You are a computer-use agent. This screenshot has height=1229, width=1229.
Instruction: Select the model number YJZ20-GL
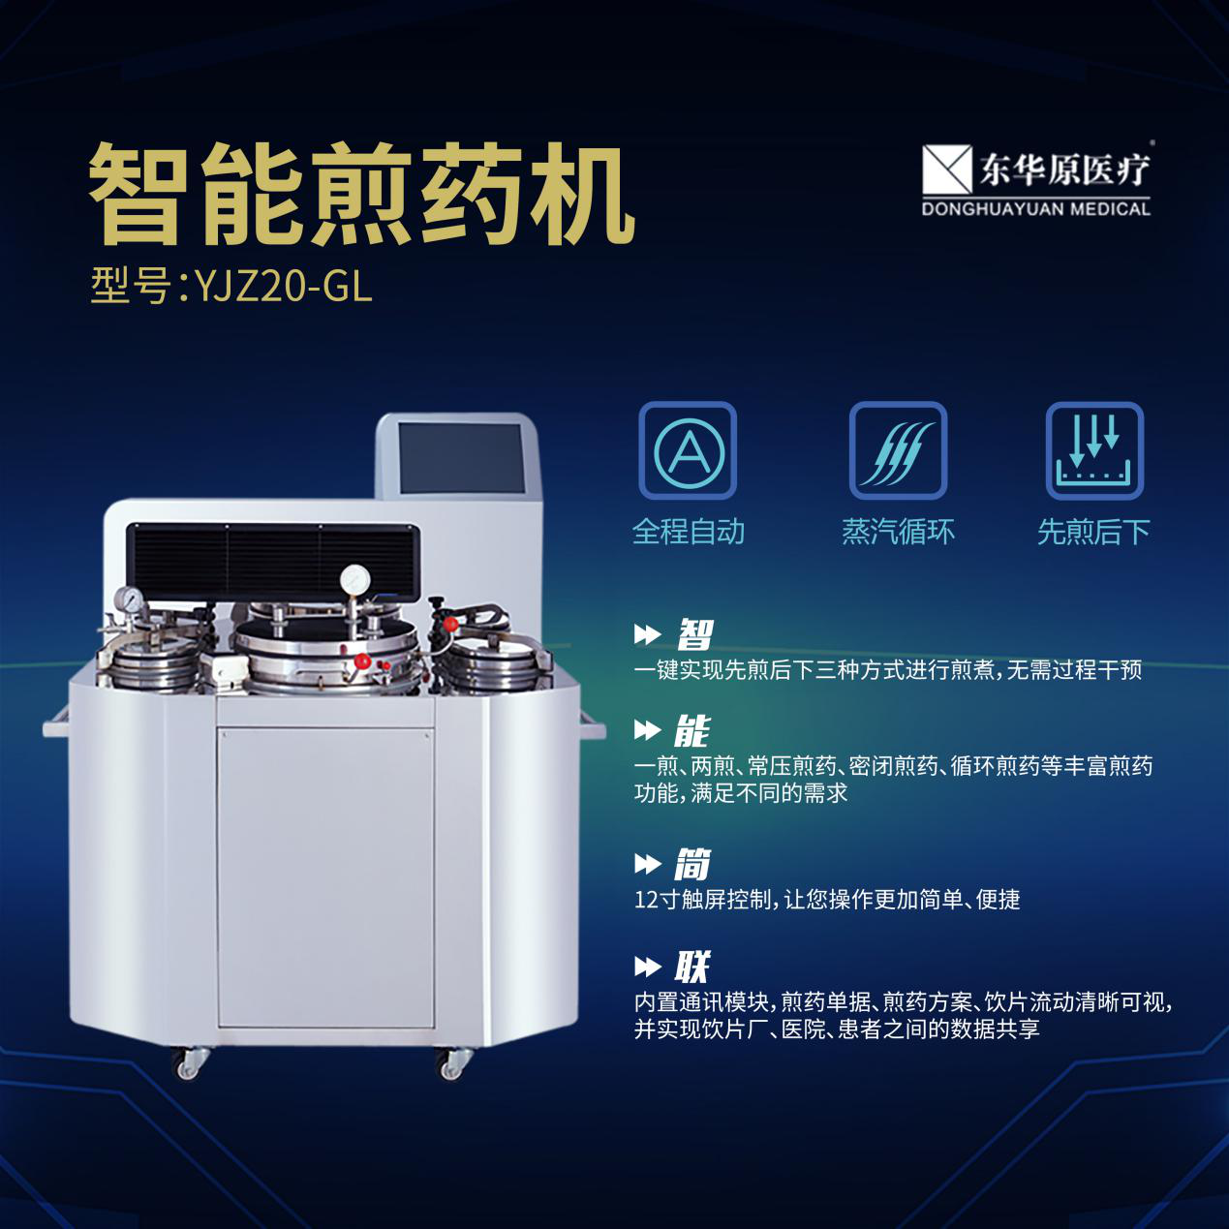[283, 286]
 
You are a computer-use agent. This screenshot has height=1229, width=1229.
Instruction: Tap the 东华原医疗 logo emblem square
[946, 169]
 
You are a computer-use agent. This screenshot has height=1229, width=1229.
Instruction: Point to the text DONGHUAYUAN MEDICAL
[1035, 209]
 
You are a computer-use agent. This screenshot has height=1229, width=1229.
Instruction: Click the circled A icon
[688, 450]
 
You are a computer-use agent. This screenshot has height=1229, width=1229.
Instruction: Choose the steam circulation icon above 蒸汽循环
[898, 450]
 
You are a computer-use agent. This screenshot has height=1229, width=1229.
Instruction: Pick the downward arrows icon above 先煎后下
[1094, 450]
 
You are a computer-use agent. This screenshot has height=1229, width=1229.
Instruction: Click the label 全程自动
[688, 532]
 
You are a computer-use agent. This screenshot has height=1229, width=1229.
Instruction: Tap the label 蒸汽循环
[898, 532]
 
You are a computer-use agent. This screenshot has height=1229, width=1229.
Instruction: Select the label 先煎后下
[1093, 532]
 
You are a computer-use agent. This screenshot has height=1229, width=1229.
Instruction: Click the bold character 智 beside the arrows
[694, 635]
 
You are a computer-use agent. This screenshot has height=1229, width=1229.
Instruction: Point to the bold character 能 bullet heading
[692, 731]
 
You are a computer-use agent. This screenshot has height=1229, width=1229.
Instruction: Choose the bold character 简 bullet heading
[692, 864]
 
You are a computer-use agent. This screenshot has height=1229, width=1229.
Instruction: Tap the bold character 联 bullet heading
[692, 967]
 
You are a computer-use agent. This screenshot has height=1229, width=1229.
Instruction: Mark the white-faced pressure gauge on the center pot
[355, 579]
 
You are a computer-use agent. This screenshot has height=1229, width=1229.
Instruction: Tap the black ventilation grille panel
[273, 559]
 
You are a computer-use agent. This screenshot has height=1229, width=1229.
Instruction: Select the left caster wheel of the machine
[187, 1064]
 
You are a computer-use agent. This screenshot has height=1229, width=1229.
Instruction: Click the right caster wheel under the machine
[451, 1064]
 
